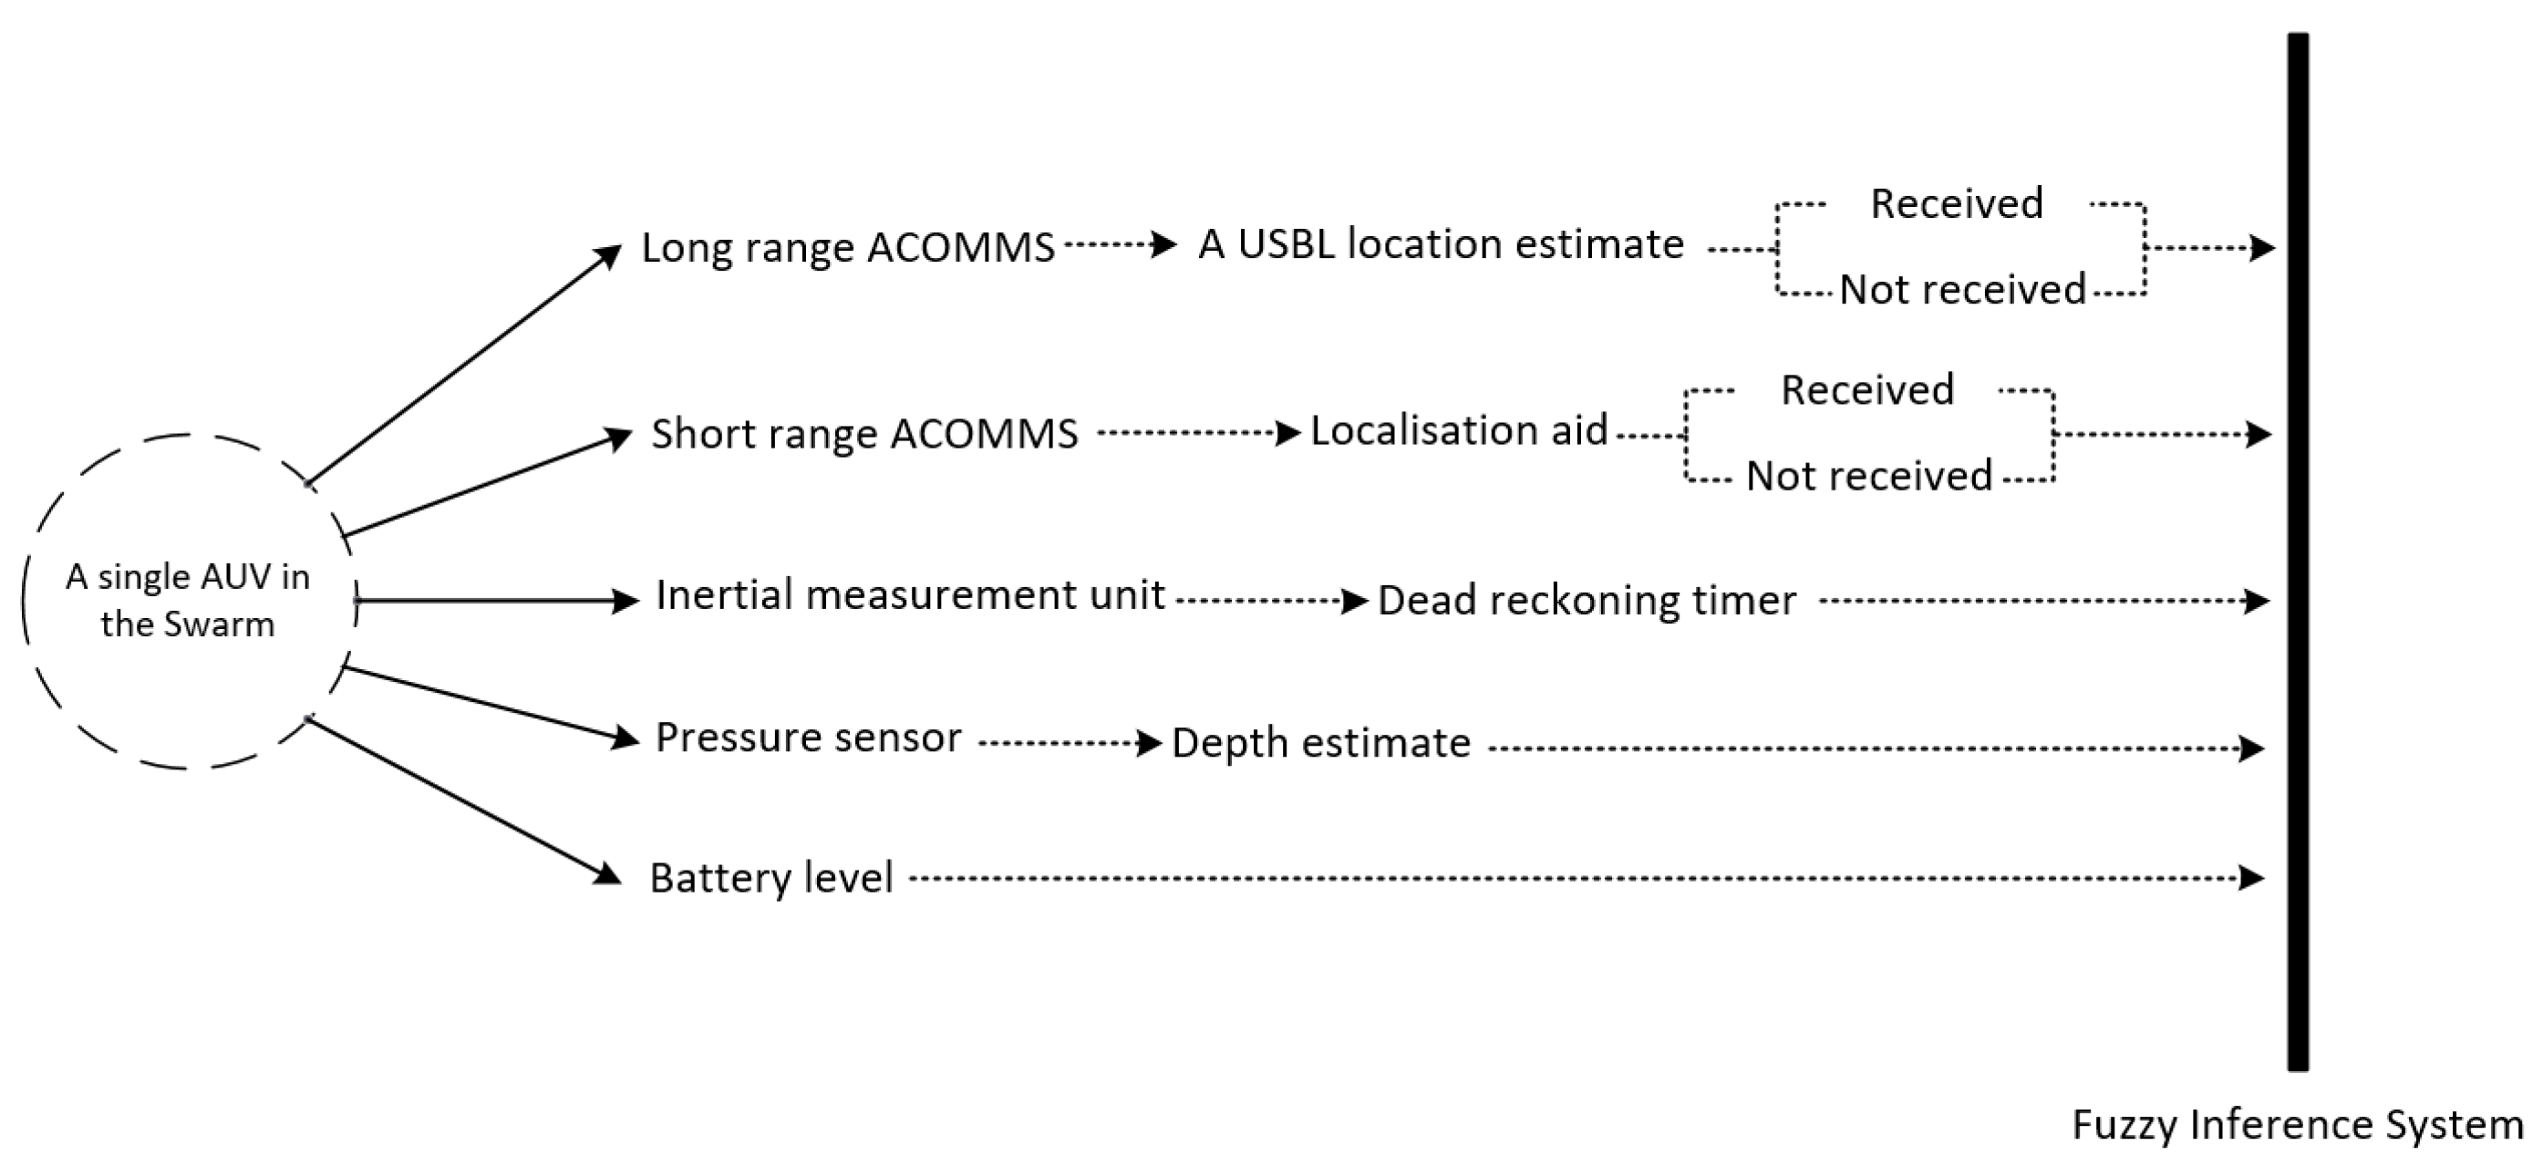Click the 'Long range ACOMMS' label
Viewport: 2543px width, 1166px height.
847,247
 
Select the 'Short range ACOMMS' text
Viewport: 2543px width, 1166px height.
863,433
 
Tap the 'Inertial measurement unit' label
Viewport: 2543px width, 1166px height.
909,595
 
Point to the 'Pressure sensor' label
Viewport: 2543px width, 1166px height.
808,738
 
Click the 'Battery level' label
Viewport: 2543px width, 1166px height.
770,878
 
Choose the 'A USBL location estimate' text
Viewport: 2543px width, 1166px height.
1441,243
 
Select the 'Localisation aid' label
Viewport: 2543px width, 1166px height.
1458,430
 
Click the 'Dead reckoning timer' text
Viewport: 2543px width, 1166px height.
1586,600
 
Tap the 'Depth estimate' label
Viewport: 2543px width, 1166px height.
1320,742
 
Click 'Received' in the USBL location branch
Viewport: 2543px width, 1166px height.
1956,203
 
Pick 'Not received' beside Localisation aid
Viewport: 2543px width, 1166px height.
1869,476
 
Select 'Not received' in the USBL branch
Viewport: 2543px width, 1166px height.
1961,289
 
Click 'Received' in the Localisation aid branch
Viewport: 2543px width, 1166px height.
1866,390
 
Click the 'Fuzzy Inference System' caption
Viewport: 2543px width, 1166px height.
2296,1125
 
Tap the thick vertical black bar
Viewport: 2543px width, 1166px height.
2297,552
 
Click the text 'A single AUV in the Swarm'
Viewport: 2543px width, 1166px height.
188,600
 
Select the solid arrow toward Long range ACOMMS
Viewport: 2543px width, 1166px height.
464,365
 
